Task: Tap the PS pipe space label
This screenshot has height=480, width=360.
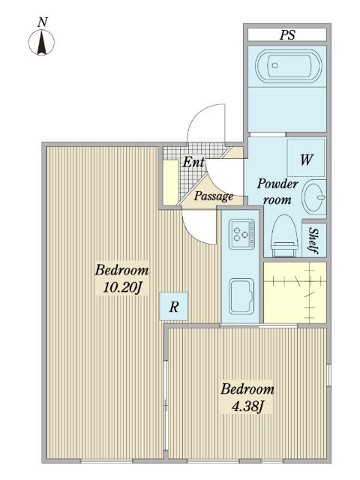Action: point(287,35)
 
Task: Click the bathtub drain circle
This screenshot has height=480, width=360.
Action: point(274,65)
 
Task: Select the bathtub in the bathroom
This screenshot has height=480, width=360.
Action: point(288,67)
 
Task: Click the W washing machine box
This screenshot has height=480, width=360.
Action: point(306,157)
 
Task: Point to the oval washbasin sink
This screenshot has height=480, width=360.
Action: point(313,197)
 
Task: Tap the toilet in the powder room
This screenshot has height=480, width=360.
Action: point(284,235)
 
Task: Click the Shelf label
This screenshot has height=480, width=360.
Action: point(313,241)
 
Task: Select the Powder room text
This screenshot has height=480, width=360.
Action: point(277,192)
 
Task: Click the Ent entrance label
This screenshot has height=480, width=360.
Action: point(193,162)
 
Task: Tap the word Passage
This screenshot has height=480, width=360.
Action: point(213,196)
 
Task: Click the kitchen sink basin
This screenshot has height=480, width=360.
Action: point(241,296)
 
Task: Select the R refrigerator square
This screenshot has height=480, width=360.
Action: point(174,307)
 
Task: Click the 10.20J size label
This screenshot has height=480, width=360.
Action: point(121,288)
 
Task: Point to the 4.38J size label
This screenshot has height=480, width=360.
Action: point(247,406)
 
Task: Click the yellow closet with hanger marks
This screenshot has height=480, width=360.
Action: point(295,292)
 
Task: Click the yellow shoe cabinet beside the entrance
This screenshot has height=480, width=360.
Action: point(170,182)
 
